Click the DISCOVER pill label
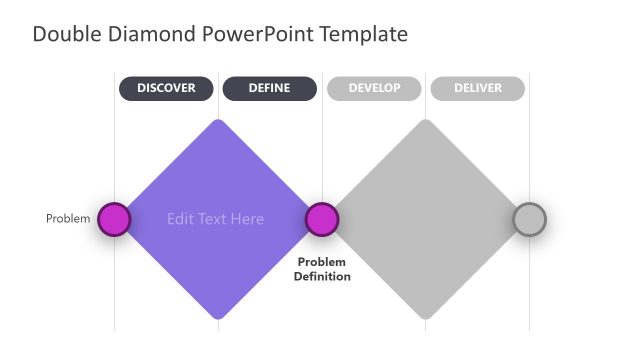(166, 88)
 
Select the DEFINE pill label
(269, 88)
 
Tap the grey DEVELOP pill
(374, 88)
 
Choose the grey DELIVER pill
(477, 88)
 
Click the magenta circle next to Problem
(114, 219)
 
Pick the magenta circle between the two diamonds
(321, 219)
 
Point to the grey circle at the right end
(529, 219)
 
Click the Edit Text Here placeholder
(216, 219)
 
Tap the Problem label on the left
(68, 219)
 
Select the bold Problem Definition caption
(322, 269)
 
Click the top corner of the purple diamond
(217, 122)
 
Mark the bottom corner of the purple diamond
(217, 316)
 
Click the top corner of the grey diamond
(426, 122)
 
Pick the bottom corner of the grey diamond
(426, 316)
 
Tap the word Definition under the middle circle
(322, 276)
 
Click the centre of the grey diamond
(426, 219)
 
